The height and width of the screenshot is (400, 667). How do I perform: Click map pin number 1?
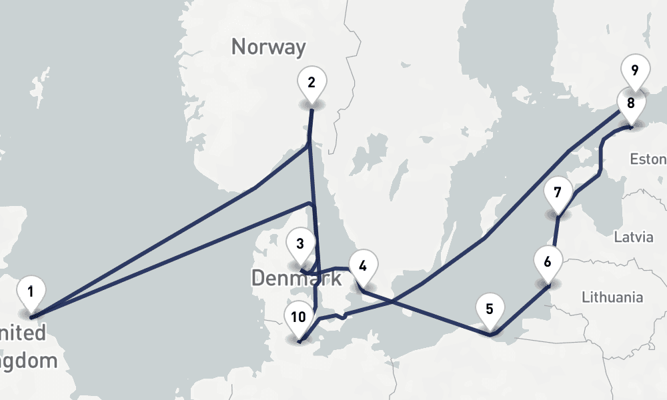coord(31,291)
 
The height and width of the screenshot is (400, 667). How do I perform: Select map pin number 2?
coord(311,83)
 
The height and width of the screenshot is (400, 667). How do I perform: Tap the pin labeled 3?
coord(300,245)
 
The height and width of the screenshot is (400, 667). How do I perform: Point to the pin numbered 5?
coord(490,310)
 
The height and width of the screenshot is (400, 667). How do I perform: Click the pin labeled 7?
coord(558,194)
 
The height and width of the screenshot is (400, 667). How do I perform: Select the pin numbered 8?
coord(630,104)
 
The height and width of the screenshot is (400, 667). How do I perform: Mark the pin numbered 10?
coord(299,318)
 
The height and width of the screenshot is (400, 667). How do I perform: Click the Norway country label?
coord(268,47)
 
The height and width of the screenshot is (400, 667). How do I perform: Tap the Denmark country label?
coord(296,279)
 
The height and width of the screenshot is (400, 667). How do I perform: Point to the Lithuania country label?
coord(612,297)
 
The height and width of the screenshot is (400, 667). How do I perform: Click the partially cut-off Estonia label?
coord(648,159)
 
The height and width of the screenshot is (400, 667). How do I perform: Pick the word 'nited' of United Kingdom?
coord(24,333)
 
